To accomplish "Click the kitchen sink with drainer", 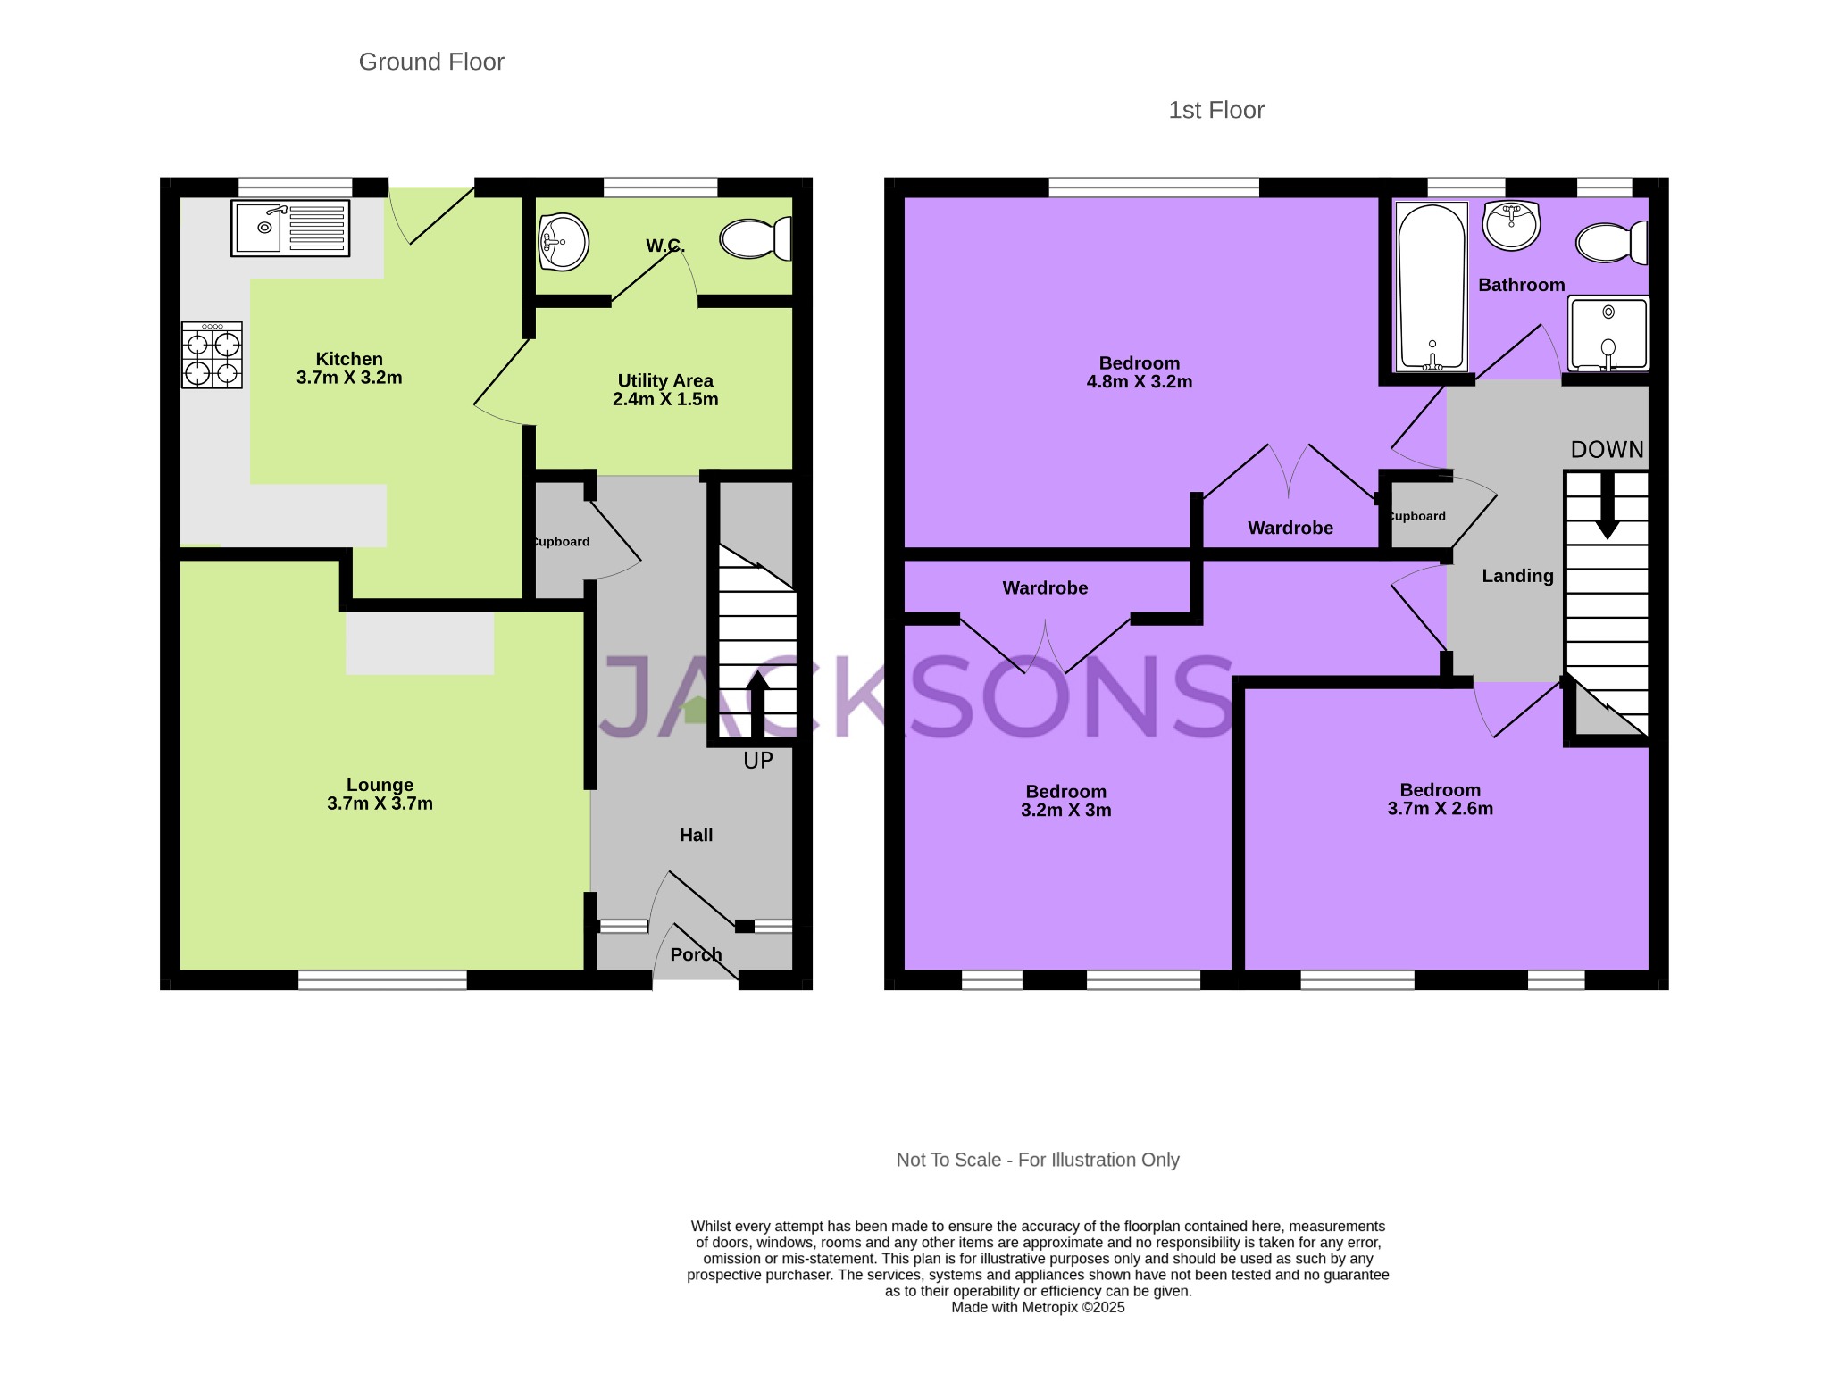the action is tap(290, 229).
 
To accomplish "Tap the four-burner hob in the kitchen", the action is tap(212, 355).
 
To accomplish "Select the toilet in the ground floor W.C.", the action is tap(756, 238).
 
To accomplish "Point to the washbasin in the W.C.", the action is tap(564, 241).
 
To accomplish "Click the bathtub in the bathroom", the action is tap(1432, 287).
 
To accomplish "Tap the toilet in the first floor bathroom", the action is tap(1612, 243).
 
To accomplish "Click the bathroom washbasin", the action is tap(1511, 225).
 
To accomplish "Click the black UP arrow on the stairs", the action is tap(757, 704).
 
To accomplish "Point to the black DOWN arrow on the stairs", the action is tap(1608, 505).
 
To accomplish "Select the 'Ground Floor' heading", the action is tap(431, 62).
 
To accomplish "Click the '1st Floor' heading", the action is tap(1216, 110).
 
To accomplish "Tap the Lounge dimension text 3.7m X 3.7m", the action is tap(380, 803).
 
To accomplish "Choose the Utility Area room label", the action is tap(665, 380).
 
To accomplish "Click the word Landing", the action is tap(1518, 576).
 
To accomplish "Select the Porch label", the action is tap(696, 954).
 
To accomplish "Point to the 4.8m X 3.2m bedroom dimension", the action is tap(1140, 381).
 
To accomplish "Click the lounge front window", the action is tap(382, 980).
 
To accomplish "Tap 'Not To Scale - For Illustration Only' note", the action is tap(1038, 1160).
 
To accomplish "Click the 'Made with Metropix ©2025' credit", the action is tap(1038, 1307).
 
